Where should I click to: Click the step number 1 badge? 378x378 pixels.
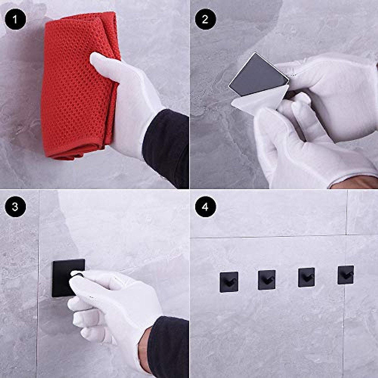15,20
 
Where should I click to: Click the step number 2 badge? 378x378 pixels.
205,20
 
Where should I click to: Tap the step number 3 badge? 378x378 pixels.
15,207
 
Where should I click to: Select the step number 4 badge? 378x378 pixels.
205,207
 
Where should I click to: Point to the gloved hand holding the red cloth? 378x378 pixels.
129,101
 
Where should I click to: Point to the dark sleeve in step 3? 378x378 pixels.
169,346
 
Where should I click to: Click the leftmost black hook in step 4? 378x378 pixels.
229,282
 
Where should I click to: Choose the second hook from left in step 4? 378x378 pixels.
266,280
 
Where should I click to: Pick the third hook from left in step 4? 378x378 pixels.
306,277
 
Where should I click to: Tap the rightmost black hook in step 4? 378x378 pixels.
346,275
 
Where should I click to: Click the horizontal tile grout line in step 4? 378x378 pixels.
268,237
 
